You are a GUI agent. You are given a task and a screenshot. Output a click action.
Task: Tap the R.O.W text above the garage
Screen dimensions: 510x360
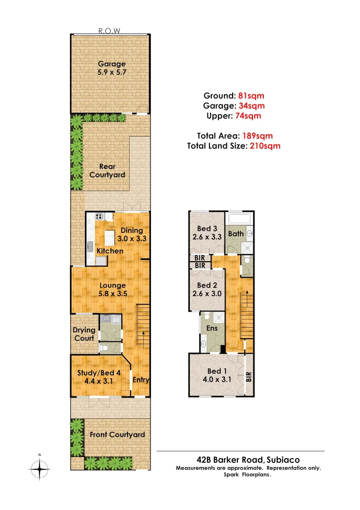click(x=109, y=31)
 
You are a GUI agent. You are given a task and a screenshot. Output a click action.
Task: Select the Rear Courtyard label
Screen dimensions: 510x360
click(x=108, y=170)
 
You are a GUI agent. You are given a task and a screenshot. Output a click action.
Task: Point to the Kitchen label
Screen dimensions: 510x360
click(x=110, y=251)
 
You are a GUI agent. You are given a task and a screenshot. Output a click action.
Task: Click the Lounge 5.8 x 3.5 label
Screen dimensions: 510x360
click(x=112, y=289)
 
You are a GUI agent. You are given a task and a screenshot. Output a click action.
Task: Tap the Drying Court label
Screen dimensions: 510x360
click(x=84, y=334)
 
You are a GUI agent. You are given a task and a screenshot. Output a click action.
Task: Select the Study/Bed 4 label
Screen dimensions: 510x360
click(x=99, y=376)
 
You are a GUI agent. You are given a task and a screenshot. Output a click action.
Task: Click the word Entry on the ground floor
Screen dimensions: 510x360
click(x=141, y=380)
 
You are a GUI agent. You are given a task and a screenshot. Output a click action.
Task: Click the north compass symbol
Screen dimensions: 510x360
click(x=40, y=469)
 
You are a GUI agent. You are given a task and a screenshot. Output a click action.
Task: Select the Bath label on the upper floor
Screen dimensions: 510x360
click(x=235, y=233)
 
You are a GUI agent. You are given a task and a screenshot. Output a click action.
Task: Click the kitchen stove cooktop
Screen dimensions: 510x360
click(x=100, y=217)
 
